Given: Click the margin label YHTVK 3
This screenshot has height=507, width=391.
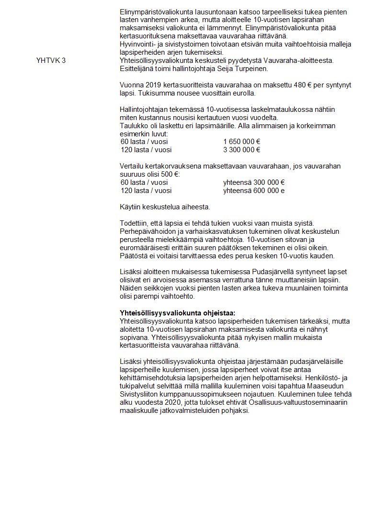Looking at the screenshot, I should (51, 60).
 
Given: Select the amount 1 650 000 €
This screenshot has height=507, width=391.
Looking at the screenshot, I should (241, 142).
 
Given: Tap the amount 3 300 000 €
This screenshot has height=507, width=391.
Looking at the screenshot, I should (241, 150).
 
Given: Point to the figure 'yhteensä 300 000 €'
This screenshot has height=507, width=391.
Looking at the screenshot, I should (254, 182).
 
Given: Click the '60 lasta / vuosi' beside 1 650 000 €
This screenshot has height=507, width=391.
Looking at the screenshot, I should (144, 142).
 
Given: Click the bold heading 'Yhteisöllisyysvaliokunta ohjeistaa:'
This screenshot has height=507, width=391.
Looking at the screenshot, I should (177, 313).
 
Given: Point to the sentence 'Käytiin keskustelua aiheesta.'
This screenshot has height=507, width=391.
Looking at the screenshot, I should (164, 207).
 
